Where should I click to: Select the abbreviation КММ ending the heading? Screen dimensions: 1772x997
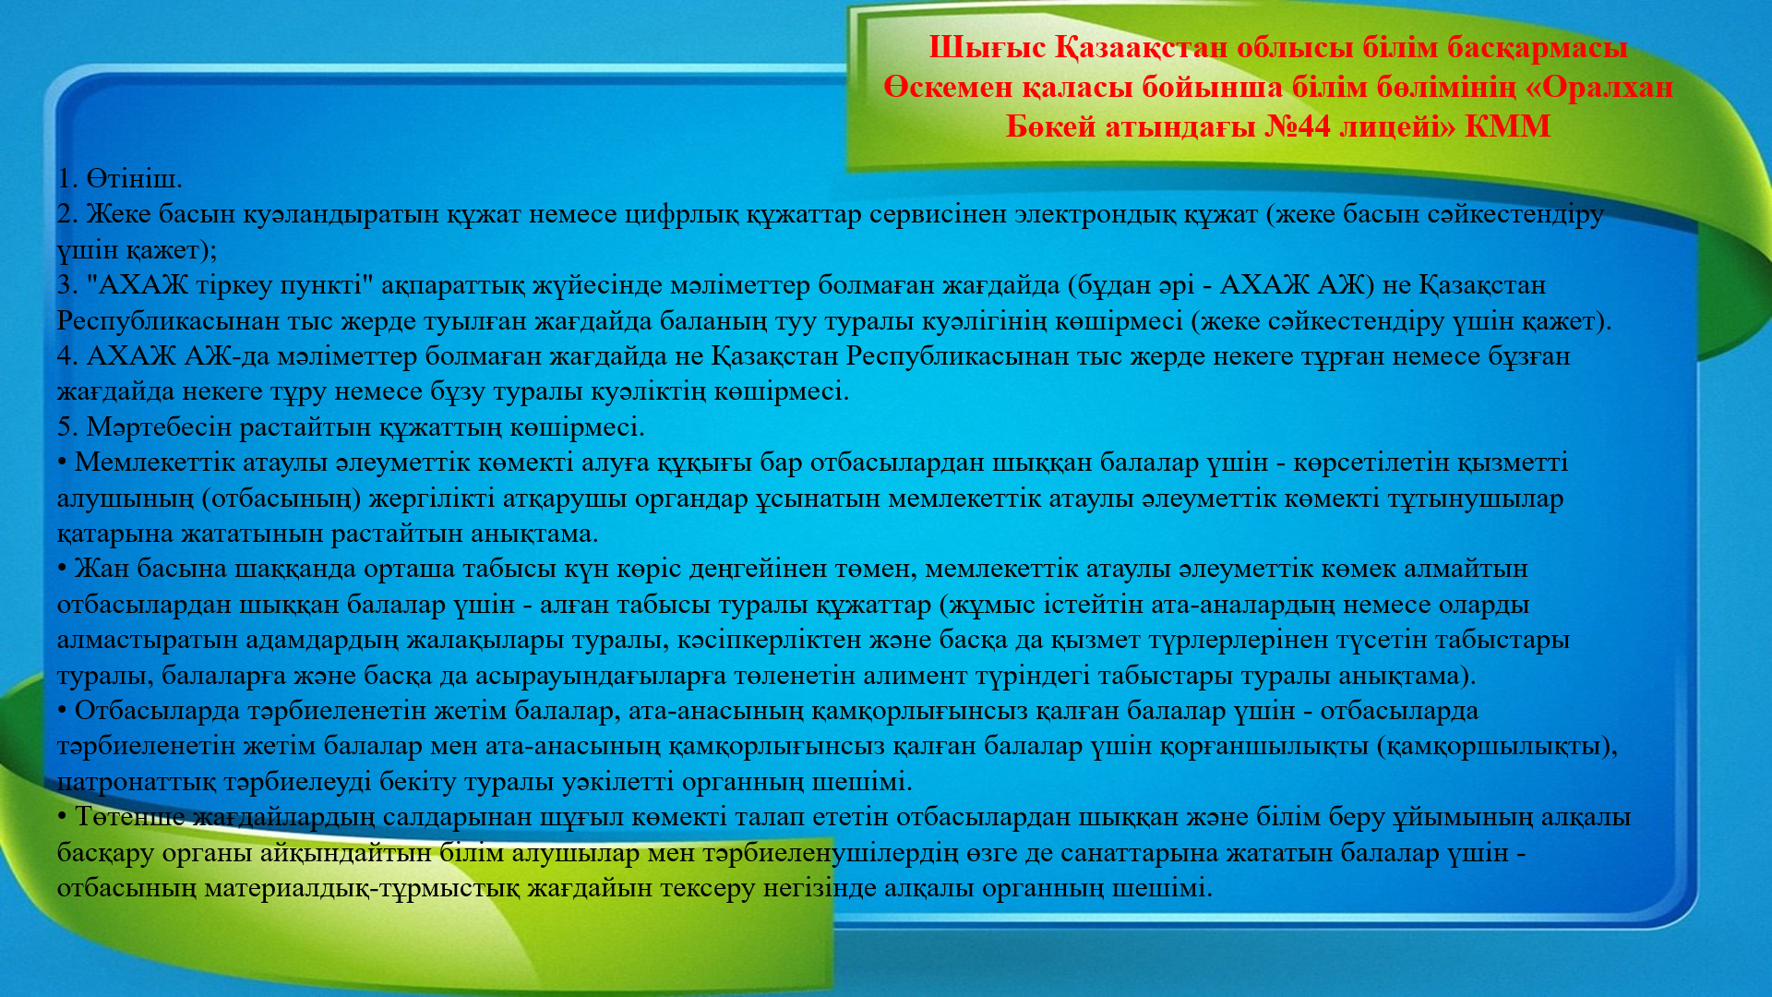(1507, 126)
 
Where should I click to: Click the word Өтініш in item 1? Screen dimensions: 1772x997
(134, 178)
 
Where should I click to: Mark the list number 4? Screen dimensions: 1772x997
(67, 356)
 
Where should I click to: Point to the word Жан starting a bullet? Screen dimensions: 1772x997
(102, 569)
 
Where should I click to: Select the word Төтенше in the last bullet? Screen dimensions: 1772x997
(131, 817)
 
